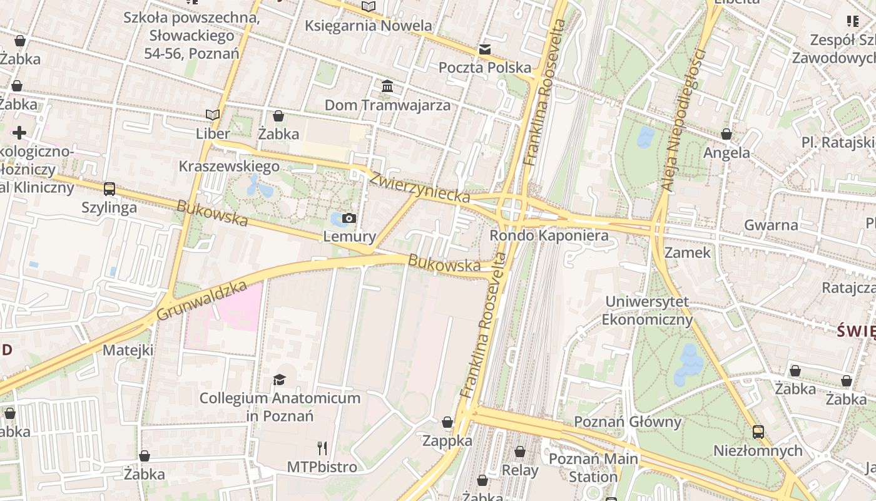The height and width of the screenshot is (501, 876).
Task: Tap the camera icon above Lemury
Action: (349, 218)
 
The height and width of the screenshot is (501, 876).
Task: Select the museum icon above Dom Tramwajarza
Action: (387, 86)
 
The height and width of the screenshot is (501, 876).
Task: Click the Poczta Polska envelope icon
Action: (484, 49)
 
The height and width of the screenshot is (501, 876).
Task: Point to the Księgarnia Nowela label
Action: (369, 26)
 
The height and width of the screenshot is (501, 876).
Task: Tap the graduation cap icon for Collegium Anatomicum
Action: (279, 380)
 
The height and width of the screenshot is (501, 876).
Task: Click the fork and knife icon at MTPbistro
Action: (322, 448)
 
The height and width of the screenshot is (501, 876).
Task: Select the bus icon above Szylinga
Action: (109, 189)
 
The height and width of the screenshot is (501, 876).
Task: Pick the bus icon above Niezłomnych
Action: (758, 431)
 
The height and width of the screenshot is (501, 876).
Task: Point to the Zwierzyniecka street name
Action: (419, 187)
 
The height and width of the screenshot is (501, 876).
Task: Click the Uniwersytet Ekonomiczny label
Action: (647, 311)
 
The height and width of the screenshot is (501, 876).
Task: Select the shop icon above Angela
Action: (726, 134)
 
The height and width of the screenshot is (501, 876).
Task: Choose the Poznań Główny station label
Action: (627, 421)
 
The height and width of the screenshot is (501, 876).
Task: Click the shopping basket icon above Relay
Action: (520, 452)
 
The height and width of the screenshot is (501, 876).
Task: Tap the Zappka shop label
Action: (447, 440)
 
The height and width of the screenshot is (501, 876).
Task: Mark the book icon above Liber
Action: (213, 115)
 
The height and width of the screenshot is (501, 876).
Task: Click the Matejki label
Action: (128, 349)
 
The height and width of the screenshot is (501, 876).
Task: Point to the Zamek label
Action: (688, 252)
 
